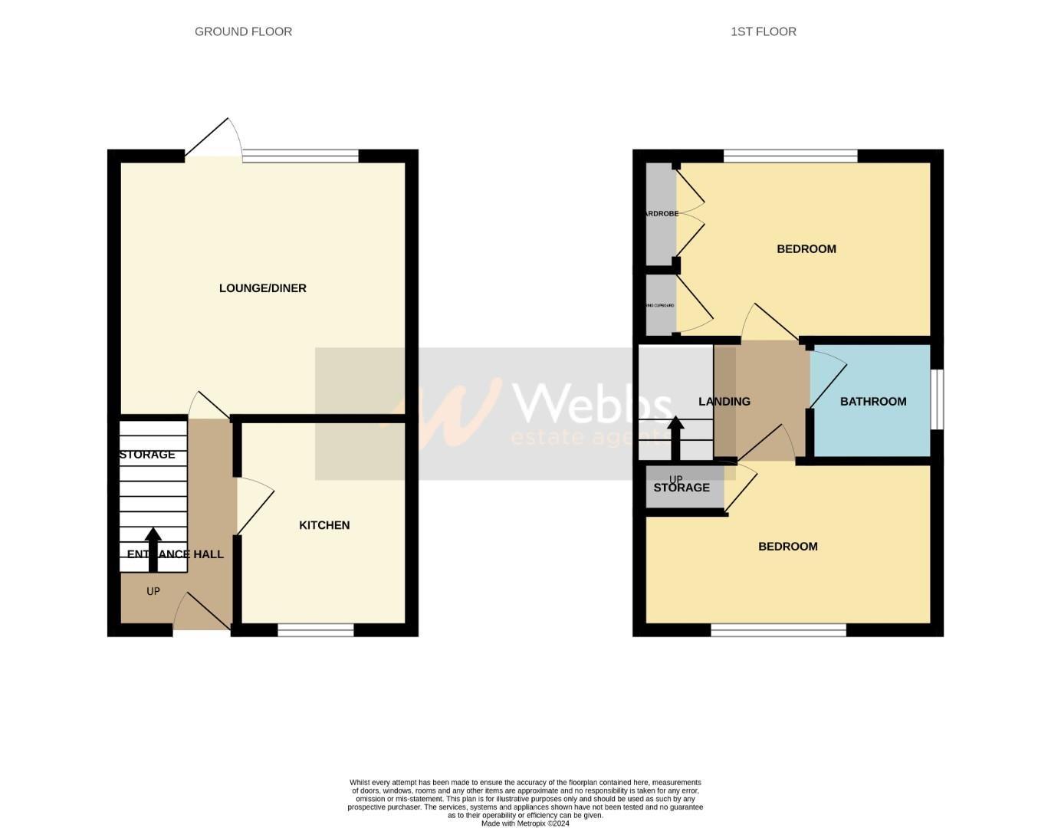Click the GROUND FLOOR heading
[x=243, y=31]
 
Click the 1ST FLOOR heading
[x=763, y=31]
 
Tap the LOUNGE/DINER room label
[x=262, y=288]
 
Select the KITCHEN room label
[x=324, y=525]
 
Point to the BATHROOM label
[x=872, y=401]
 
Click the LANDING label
[x=724, y=401]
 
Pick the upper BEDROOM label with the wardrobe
[x=806, y=248]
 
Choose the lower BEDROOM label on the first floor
[x=787, y=546]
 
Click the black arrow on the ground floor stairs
[x=153, y=549]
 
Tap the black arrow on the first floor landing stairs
[x=675, y=437]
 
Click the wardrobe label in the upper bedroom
[x=661, y=214]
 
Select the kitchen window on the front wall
[x=316, y=630]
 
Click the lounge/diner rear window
[x=301, y=156]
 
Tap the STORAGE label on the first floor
[x=681, y=488]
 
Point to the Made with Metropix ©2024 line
[x=525, y=823]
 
